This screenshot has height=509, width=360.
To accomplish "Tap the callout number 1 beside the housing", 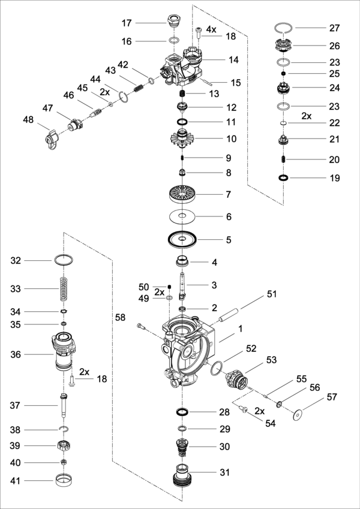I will click(x=240, y=329).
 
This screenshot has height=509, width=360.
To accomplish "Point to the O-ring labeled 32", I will click(x=64, y=261).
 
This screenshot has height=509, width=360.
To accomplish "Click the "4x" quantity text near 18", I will click(x=211, y=29).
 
